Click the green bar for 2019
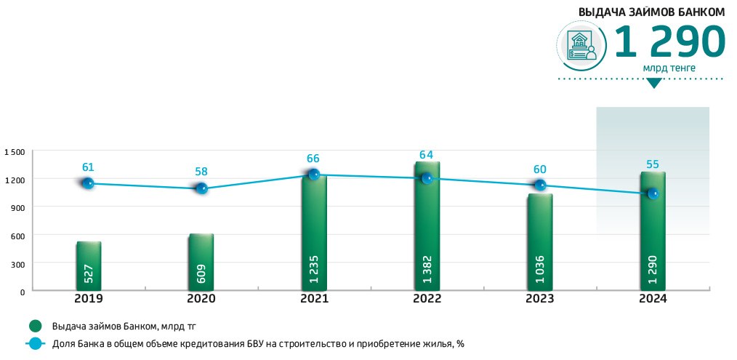pos(88,266)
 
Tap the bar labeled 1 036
pos(540,244)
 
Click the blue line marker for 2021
pos(314,175)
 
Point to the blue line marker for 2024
pos(653,193)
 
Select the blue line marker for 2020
pos(201,188)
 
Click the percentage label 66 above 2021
pos(313,159)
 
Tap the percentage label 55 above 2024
pos(653,164)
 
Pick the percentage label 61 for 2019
pos(87,167)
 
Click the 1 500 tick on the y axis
pos(14,152)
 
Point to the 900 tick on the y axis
pos(17,207)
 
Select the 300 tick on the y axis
pos(17,263)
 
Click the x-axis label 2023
pos(540,299)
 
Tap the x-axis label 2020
pos(201,299)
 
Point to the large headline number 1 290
pos(669,42)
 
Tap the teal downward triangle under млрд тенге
pos(654,83)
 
